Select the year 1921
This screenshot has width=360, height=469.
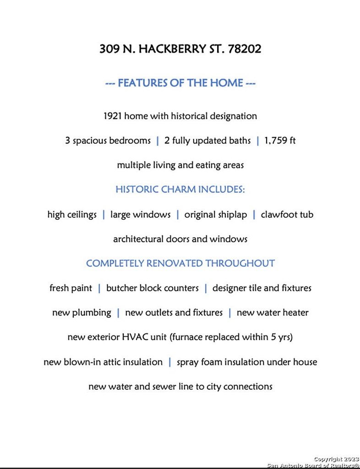pyautogui.click(x=113, y=116)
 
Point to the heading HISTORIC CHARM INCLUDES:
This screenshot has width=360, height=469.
pyautogui.click(x=180, y=190)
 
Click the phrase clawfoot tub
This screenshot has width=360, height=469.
pyautogui.click(x=287, y=214)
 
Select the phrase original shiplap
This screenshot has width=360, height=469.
pyautogui.click(x=215, y=214)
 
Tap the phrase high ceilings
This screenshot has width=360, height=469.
pyautogui.click(x=72, y=214)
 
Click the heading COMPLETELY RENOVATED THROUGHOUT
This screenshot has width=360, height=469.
pyautogui.click(x=180, y=263)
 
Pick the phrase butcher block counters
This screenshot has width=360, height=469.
pyautogui.click(x=153, y=288)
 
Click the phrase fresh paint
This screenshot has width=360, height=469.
pyautogui.click(x=71, y=288)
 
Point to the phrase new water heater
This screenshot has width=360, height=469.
pyautogui.click(x=273, y=313)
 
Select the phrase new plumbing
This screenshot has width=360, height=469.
pyautogui.click(x=82, y=313)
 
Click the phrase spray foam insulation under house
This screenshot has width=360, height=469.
pyautogui.click(x=247, y=362)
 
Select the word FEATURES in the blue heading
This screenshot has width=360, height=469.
pyautogui.click(x=141, y=83)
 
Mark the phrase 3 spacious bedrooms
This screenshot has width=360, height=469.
pyautogui.click(x=108, y=141)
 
